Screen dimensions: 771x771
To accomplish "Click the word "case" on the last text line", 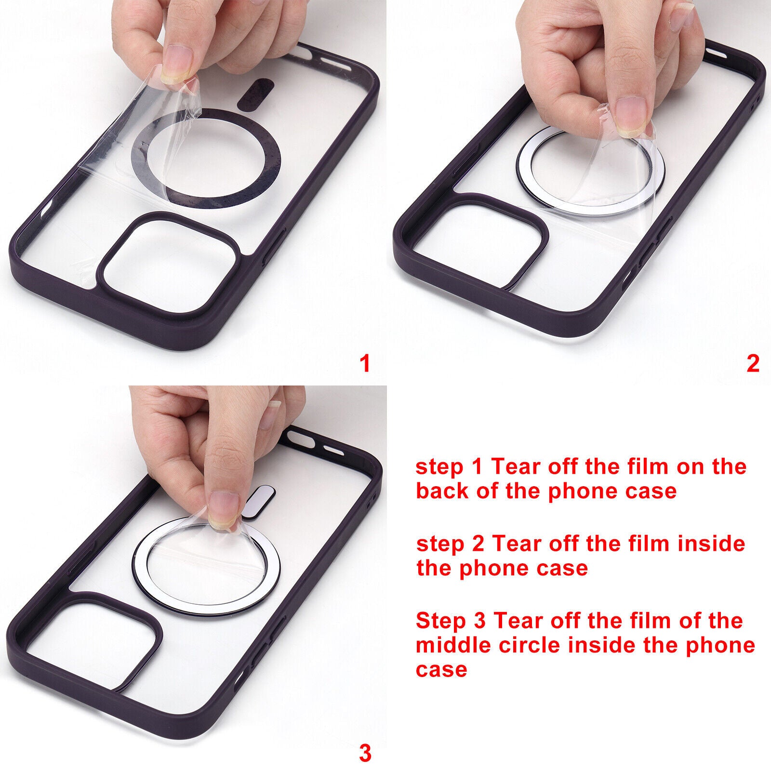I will pyautogui.click(x=441, y=669).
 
